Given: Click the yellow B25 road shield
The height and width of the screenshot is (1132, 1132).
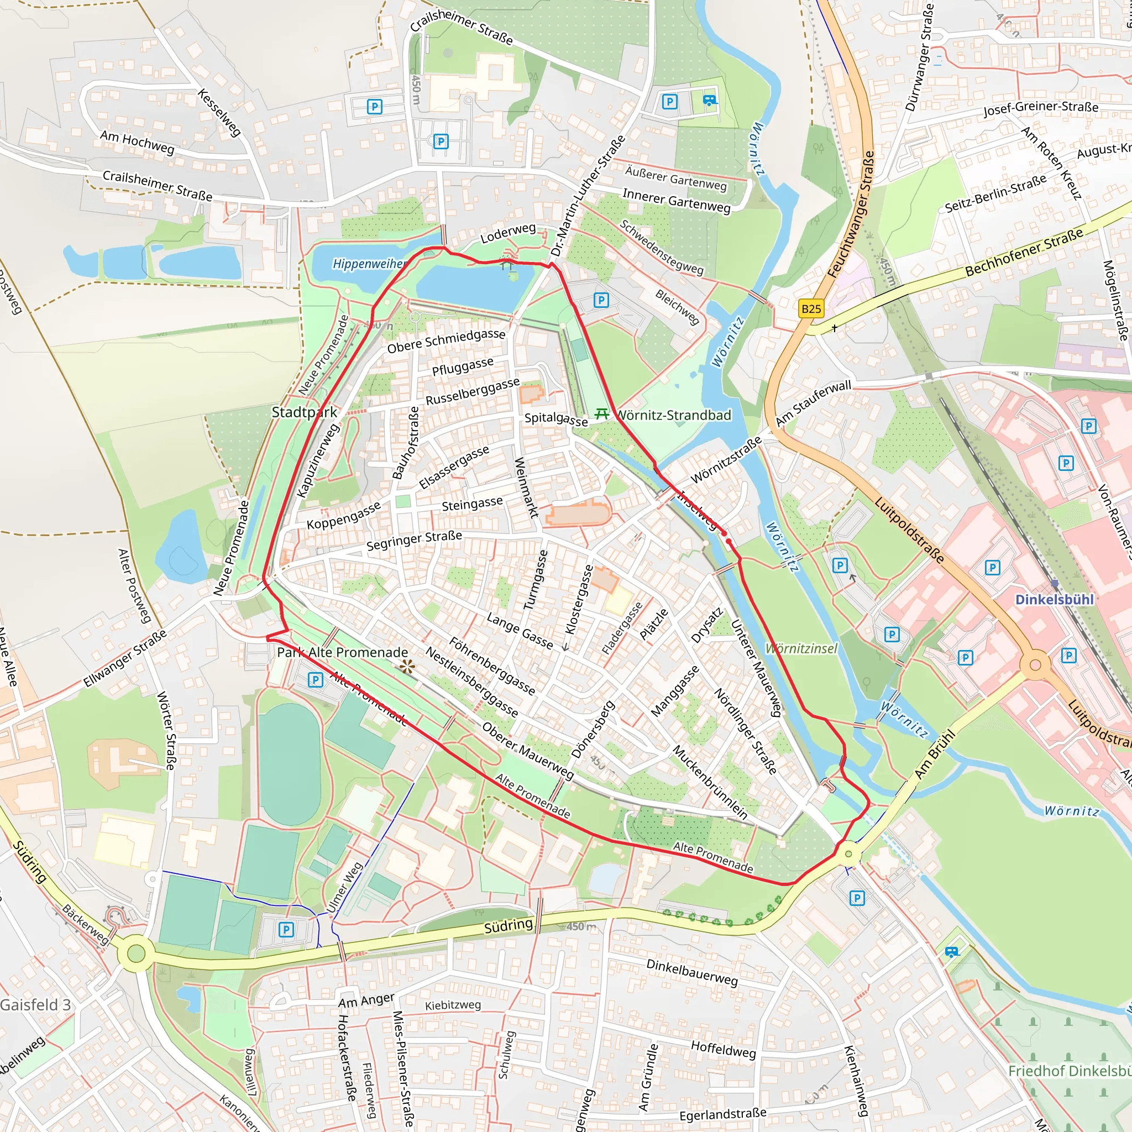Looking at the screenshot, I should click(x=811, y=309).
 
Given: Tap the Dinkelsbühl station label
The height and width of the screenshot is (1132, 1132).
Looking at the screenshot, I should click(x=1054, y=599).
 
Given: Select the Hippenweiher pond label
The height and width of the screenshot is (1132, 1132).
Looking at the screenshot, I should click(x=369, y=264).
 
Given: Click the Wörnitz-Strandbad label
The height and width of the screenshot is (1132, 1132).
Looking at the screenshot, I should click(x=674, y=416).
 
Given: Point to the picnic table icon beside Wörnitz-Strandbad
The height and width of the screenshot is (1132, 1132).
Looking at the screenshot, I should click(x=601, y=414).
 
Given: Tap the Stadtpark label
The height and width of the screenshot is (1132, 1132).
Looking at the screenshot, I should click(x=304, y=412).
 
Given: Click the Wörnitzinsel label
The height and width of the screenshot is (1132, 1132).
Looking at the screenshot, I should click(x=801, y=648).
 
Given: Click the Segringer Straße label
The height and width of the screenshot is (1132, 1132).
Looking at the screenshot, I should click(x=413, y=541).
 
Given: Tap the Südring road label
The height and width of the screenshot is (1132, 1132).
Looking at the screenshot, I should click(x=508, y=925).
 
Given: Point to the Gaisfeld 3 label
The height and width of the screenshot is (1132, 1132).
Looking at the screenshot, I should click(x=35, y=1005).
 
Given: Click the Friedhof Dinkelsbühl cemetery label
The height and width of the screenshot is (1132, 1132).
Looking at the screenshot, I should click(x=1069, y=1071).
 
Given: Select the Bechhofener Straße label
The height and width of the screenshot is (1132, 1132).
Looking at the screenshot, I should click(x=1024, y=253).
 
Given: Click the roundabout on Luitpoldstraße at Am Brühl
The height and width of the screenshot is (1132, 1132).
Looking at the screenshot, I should click(x=1035, y=665).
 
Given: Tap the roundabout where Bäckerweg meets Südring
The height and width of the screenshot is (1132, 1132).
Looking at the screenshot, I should click(x=135, y=953).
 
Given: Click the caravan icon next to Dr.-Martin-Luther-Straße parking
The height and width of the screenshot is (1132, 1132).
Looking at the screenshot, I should click(x=709, y=101).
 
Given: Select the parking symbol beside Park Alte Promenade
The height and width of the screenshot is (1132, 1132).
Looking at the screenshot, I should click(x=315, y=680).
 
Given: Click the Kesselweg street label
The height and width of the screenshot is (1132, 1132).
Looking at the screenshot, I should click(x=219, y=113).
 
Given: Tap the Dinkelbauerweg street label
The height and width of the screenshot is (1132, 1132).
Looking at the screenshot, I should click(x=692, y=973).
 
